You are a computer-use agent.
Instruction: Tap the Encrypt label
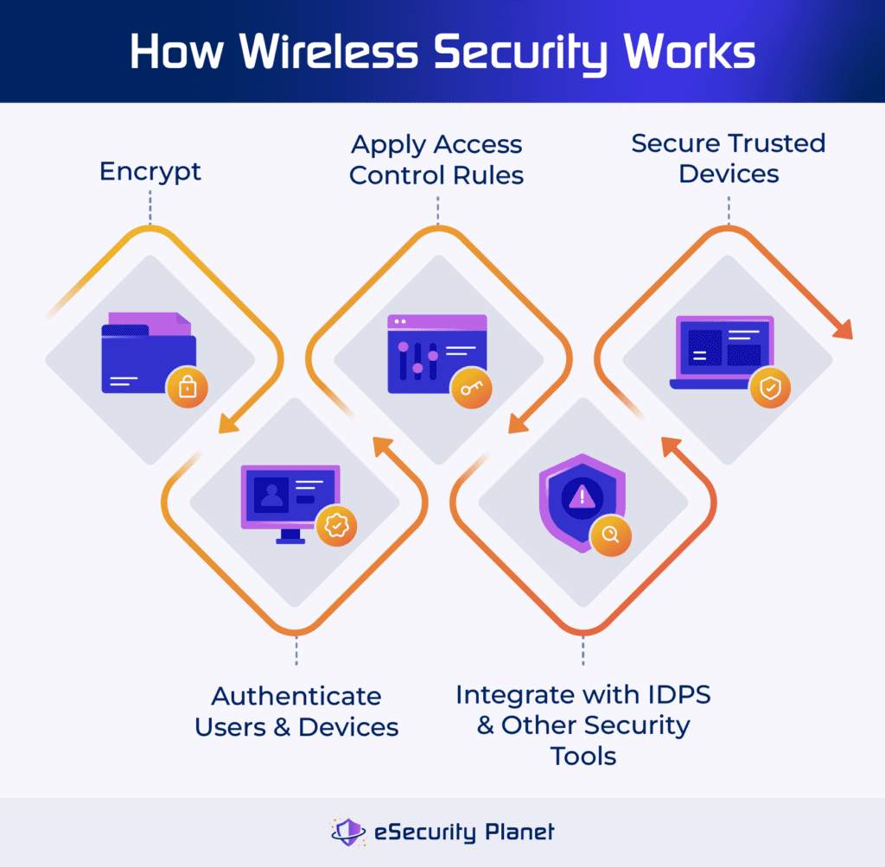(150, 171)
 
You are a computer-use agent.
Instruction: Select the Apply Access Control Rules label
(436, 160)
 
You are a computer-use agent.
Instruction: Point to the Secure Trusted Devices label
(729, 158)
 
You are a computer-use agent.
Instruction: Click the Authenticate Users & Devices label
(296, 711)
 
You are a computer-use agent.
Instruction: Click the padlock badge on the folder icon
(187, 388)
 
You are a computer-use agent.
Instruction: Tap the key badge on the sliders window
(472, 389)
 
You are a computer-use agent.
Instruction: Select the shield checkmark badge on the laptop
(768, 389)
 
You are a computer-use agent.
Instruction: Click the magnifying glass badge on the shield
(611, 535)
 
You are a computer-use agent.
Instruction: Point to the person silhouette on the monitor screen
(272, 495)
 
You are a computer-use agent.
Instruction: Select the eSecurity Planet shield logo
(349, 832)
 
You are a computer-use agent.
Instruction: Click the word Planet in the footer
(517, 832)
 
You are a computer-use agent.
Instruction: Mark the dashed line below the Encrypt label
(150, 208)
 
